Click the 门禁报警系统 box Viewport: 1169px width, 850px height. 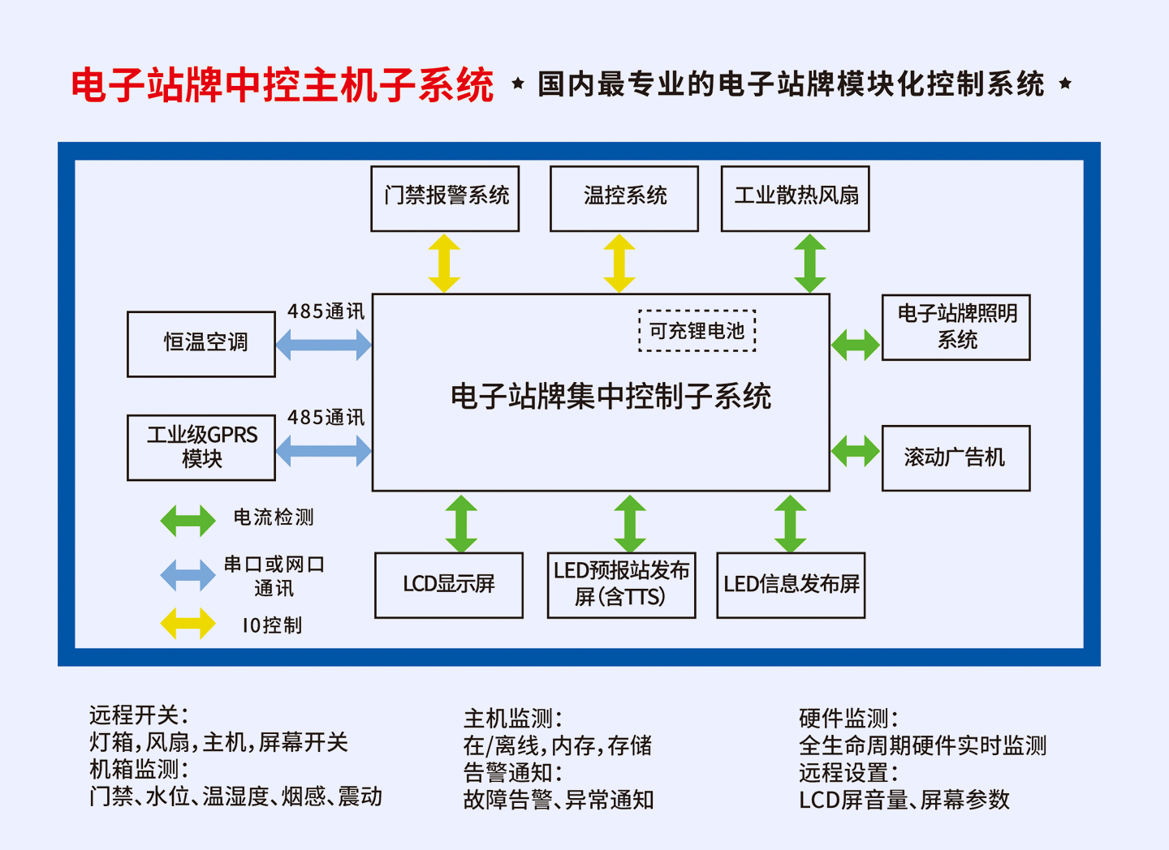pyautogui.click(x=445, y=199)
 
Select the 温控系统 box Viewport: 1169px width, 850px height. pyautogui.click(x=624, y=199)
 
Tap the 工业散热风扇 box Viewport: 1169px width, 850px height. pyautogui.click(x=796, y=199)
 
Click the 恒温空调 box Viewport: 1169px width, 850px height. pyautogui.click(x=201, y=344)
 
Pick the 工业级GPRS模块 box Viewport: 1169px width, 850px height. pyautogui.click(x=201, y=448)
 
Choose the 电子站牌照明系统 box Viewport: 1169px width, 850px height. pyautogui.click(x=956, y=328)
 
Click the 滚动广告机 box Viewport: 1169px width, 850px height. pyautogui.click(x=956, y=458)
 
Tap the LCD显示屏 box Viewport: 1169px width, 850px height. pyautogui.click(x=449, y=586)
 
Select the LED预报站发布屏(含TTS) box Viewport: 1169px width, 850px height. pyautogui.click(x=622, y=586)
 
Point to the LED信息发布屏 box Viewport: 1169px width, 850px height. pyautogui.click(x=792, y=586)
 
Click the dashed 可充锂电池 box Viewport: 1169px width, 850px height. pyautogui.click(x=697, y=331)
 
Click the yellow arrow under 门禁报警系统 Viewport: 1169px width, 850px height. pyautogui.click(x=444, y=263)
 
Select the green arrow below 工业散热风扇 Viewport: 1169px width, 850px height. pyautogui.click(x=810, y=263)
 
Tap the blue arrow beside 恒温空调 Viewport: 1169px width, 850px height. pyautogui.click(x=323, y=346)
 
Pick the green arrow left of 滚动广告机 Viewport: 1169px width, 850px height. pyautogui.click(x=856, y=451)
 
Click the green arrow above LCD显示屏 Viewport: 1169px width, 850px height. pyautogui.click(x=461, y=523)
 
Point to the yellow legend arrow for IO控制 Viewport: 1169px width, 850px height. pyautogui.click(x=188, y=624)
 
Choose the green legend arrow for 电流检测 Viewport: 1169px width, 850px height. pyautogui.click(x=188, y=521)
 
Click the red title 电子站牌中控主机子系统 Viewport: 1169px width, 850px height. pyautogui.click(x=283, y=85)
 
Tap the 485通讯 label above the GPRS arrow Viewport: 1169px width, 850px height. pyautogui.click(x=326, y=418)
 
